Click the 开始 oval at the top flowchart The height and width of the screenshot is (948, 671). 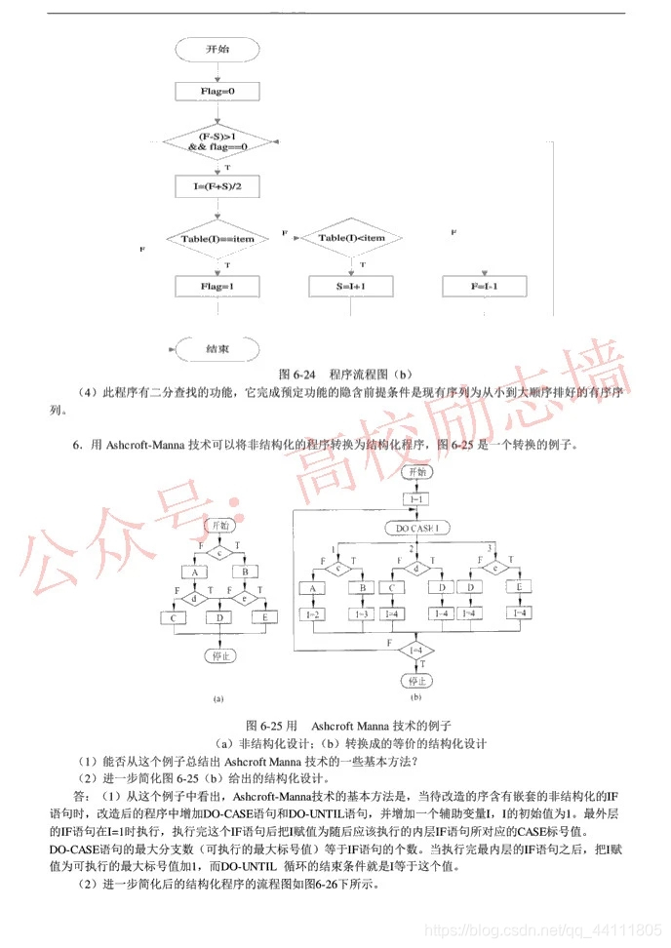(217, 49)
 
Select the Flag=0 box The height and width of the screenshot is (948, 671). (217, 92)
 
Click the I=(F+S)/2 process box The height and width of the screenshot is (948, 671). (217, 185)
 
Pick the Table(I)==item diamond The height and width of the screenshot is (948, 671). (217, 238)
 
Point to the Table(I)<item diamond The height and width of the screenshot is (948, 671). (351, 238)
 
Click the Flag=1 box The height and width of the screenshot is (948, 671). (217, 287)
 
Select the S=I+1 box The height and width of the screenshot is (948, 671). (350, 287)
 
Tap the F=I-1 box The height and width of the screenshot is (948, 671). (485, 287)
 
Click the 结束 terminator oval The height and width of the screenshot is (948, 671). (217, 348)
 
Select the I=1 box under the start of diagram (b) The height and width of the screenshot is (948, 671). (416, 498)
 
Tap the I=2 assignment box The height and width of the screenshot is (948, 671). (315, 615)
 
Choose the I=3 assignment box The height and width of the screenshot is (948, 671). (361, 615)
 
